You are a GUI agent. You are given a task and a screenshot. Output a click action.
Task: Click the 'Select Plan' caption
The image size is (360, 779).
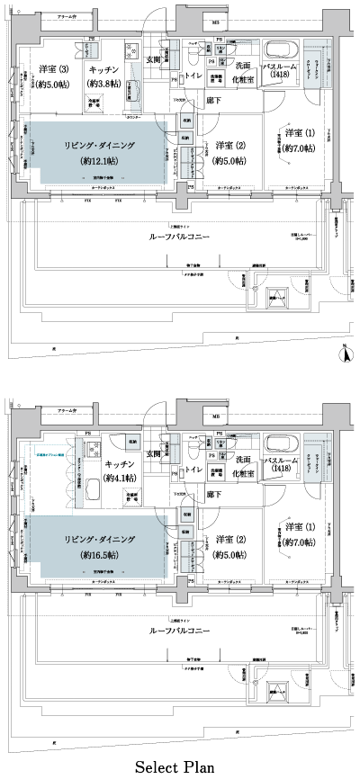pyautogui.click(x=175, y=766)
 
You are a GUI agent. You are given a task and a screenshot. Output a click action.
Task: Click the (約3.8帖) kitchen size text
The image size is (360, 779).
pyautogui.click(x=106, y=84)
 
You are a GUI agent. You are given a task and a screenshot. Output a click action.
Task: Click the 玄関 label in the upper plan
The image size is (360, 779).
pyautogui.click(x=154, y=61)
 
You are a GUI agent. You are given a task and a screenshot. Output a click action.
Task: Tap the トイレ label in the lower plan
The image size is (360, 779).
pyautogui.click(x=191, y=470)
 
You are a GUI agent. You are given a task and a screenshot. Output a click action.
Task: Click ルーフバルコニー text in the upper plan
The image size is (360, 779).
pyautogui.click(x=181, y=237)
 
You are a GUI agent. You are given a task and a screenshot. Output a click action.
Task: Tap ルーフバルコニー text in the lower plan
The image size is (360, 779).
pyautogui.click(x=181, y=630)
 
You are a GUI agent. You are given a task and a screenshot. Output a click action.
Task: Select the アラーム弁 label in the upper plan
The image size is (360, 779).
pyautogui.click(x=67, y=18)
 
